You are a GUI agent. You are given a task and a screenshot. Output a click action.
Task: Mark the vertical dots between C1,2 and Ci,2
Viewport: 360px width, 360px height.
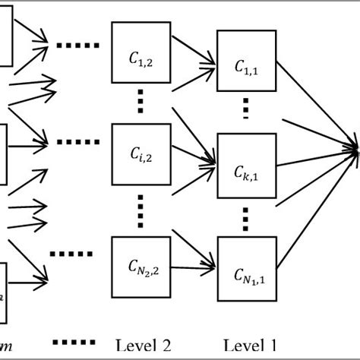pos(141,99)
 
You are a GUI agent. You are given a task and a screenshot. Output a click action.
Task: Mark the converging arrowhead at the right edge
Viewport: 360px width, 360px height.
pos(354,150)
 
